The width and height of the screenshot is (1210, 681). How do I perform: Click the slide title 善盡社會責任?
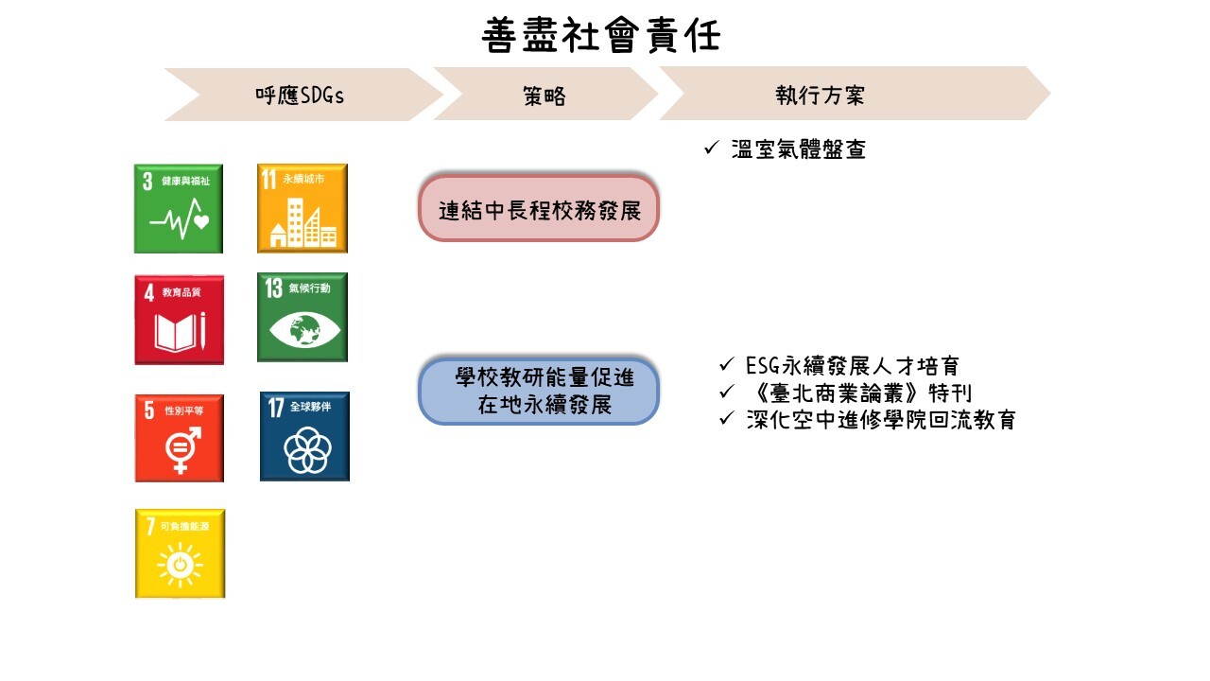(601, 36)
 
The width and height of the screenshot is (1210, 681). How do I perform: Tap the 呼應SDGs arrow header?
(301, 95)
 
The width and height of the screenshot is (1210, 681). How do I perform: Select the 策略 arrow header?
(544, 95)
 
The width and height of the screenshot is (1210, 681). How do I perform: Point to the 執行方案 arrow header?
(821, 95)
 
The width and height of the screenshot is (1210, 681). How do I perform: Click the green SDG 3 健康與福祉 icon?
(179, 208)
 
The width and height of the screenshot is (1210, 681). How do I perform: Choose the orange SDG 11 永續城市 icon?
(302, 208)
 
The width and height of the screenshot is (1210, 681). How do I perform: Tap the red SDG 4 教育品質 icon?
(179, 320)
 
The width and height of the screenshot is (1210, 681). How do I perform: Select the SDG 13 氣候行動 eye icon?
(302, 317)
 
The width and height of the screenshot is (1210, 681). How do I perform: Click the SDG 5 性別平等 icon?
(179, 438)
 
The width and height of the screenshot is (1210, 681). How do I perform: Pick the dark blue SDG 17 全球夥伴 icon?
(304, 436)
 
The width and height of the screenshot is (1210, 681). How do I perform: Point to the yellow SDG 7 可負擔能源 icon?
(180, 553)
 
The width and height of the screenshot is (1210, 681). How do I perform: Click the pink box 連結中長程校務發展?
(539, 208)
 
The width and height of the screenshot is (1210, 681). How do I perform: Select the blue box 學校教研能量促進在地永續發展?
(539, 392)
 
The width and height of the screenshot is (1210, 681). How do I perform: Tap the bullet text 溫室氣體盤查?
(799, 149)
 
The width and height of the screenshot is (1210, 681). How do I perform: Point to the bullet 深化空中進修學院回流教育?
(880, 420)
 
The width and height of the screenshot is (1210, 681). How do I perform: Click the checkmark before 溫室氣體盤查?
(712, 148)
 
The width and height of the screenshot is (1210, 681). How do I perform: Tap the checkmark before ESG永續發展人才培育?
(726, 365)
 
